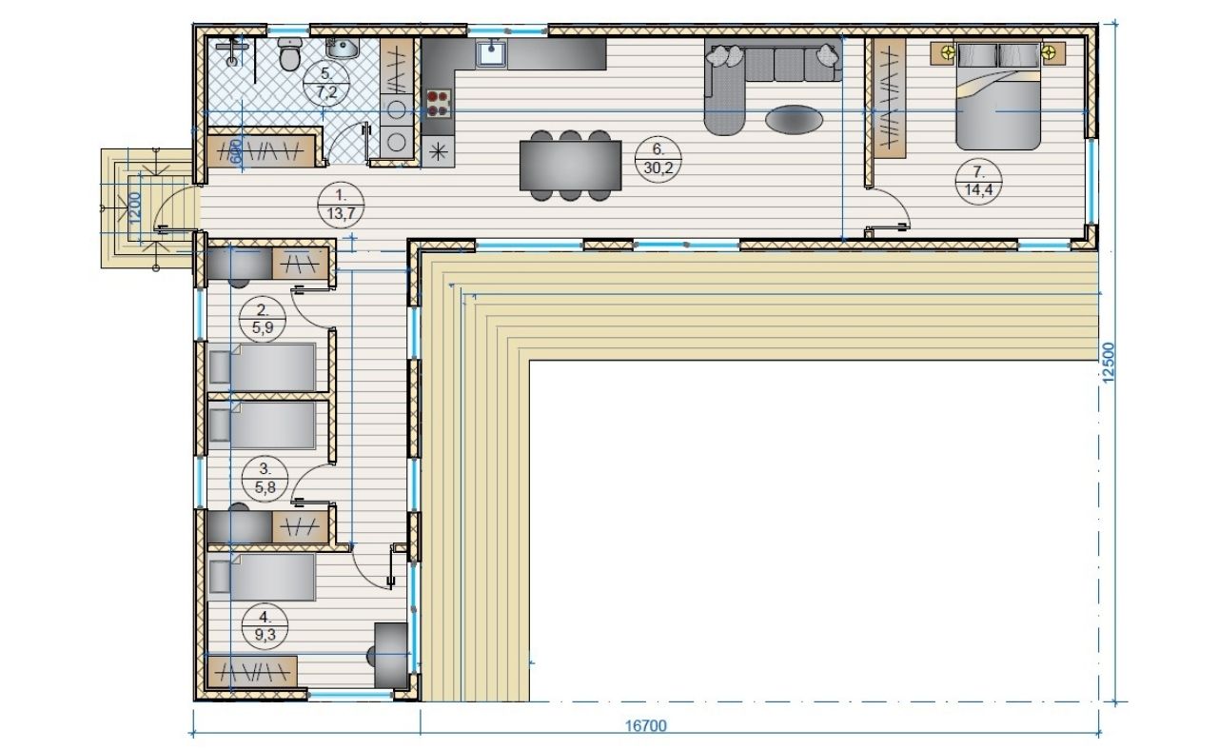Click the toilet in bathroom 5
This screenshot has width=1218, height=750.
(290, 54)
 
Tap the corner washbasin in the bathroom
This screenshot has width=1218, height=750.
(342, 48)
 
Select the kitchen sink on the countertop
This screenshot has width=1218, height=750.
(492, 54)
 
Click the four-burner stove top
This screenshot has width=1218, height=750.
(439, 104)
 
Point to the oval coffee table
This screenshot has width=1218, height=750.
(794, 119)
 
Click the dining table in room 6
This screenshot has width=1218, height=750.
(570, 166)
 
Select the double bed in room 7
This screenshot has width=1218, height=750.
(998, 96)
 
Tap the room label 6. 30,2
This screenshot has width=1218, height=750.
(658, 159)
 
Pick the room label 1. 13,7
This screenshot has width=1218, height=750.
(341, 205)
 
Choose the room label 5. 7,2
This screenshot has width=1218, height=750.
(325, 83)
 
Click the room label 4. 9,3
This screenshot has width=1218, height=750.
(265, 626)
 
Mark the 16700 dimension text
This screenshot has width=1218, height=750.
(645, 726)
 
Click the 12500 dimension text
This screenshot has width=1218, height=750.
(1109, 363)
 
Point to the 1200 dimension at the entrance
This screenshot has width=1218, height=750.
(135, 207)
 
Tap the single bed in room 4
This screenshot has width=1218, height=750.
(262, 577)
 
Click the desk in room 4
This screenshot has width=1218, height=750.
(391, 656)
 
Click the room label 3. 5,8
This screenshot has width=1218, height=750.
(265, 478)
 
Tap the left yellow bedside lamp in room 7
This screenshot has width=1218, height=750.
(948, 52)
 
